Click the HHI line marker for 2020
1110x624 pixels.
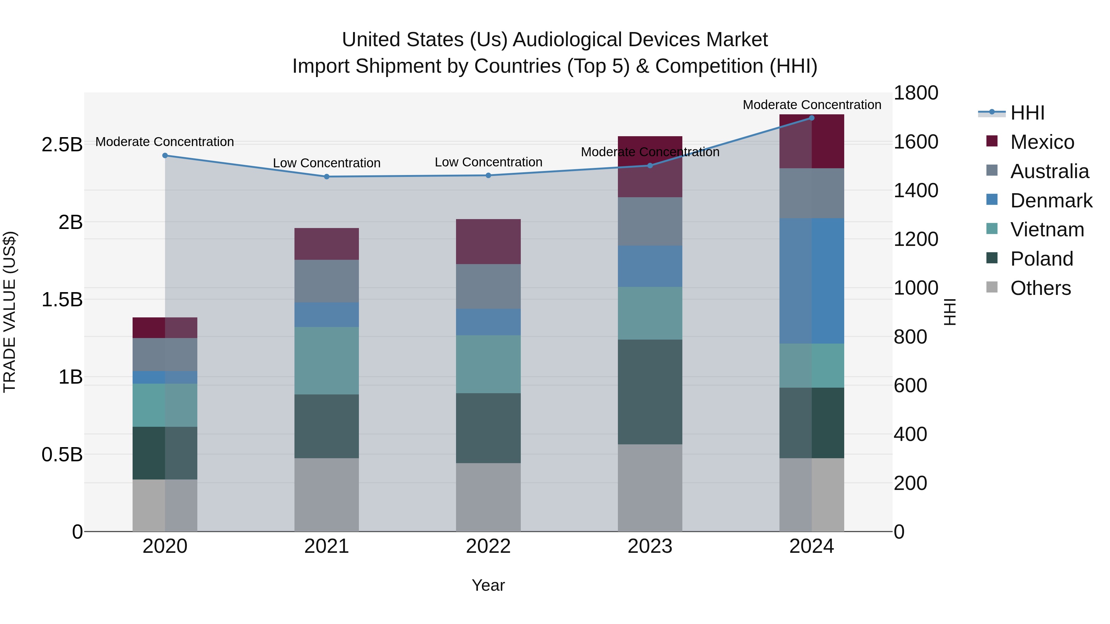coord(165,156)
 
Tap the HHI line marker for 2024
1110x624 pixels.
coord(812,118)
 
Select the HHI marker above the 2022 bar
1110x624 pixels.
coord(488,175)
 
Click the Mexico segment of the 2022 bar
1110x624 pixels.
coord(488,242)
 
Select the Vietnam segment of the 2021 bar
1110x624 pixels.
coord(327,361)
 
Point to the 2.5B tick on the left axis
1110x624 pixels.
coord(62,145)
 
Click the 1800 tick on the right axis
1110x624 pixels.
coord(916,93)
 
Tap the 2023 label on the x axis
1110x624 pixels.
coord(650,546)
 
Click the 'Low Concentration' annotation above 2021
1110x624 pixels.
coord(327,163)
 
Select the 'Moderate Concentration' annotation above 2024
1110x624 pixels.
coord(812,105)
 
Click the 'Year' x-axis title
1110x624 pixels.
coord(488,585)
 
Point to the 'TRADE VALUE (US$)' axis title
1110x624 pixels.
coord(10,312)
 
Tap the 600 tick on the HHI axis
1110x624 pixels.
coord(910,385)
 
